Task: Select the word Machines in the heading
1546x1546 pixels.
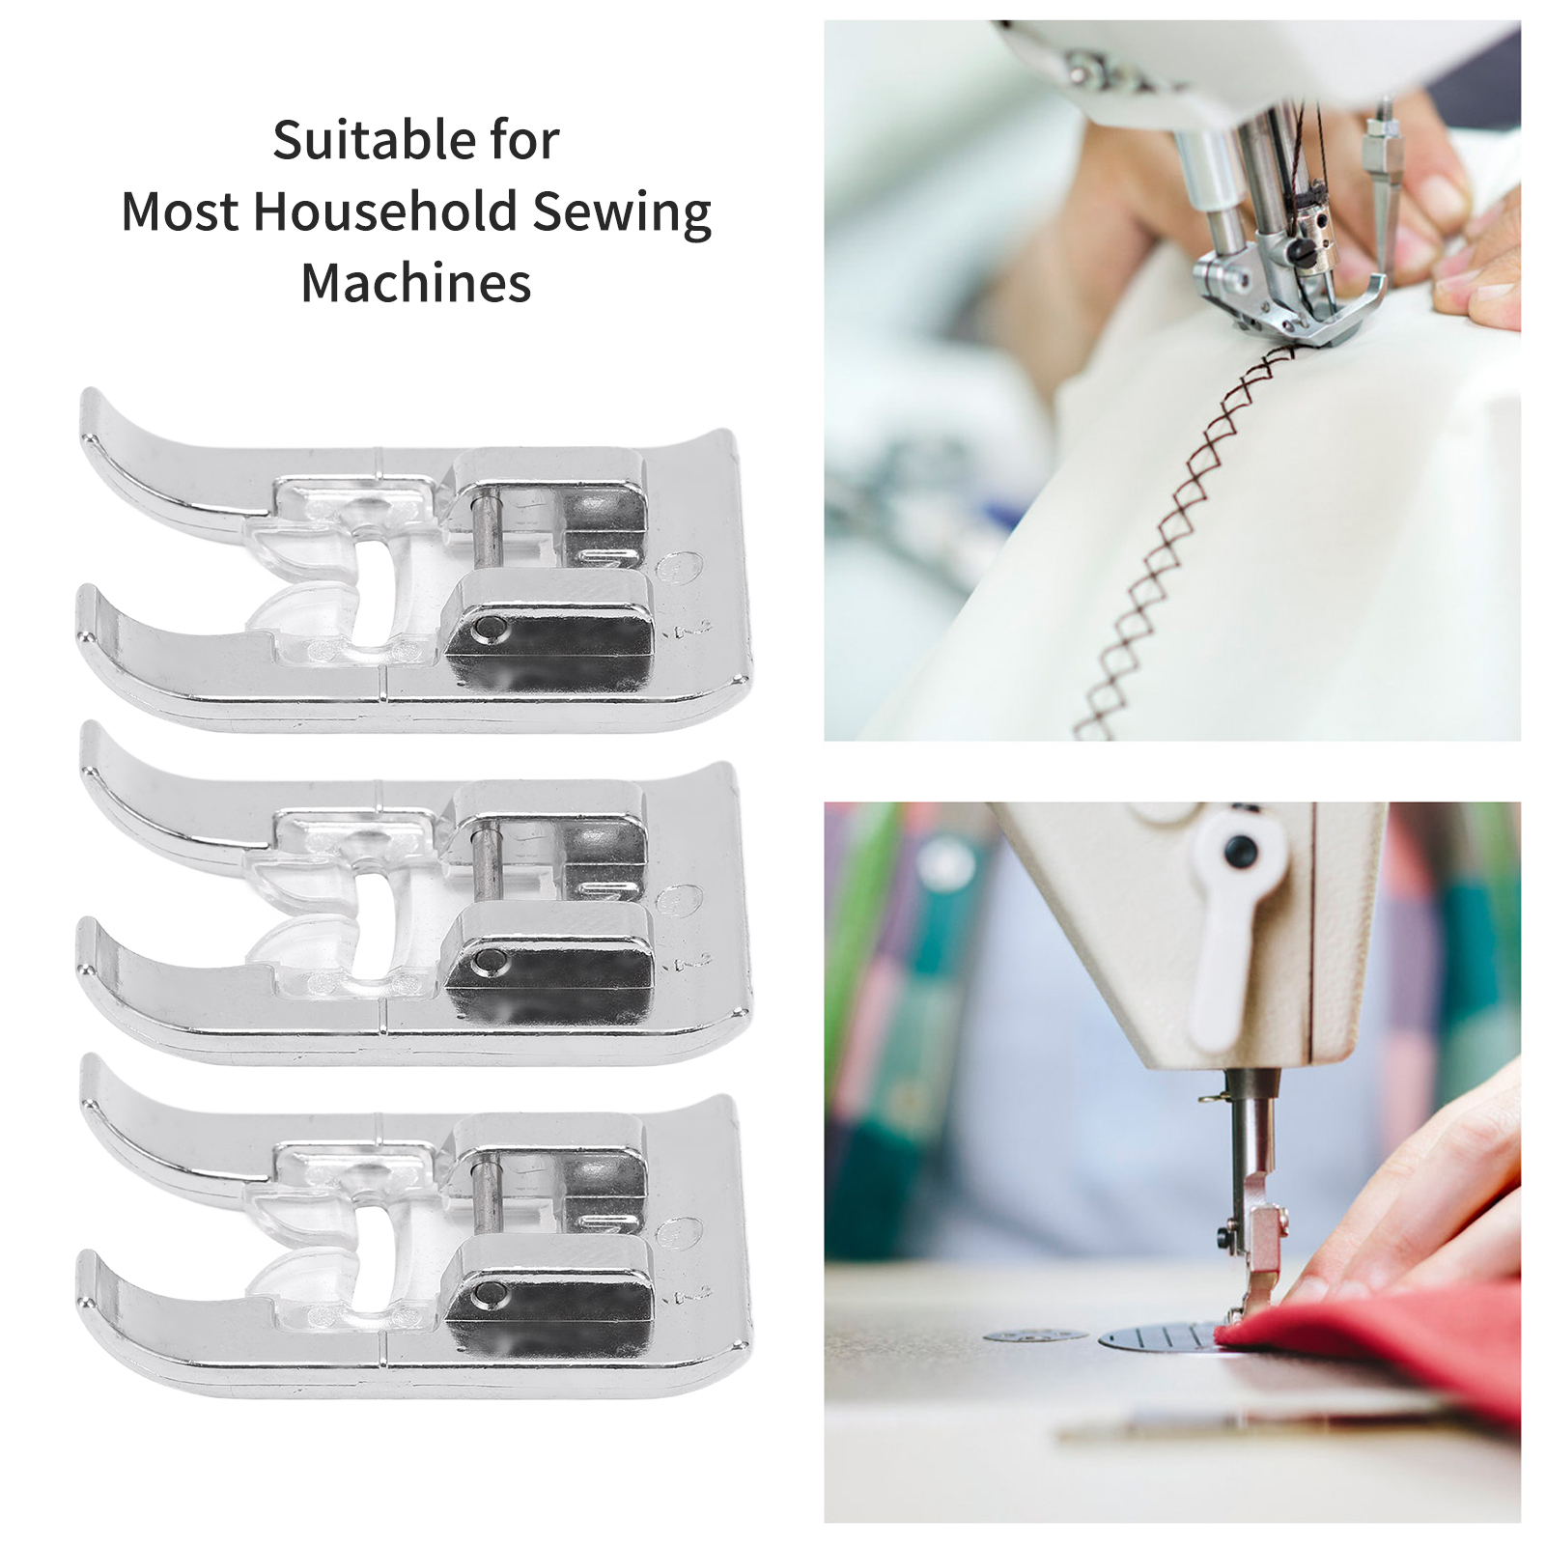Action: (x=416, y=283)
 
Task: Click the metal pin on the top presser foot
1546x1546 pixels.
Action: (x=490, y=528)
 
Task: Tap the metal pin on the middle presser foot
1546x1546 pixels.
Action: (x=490, y=860)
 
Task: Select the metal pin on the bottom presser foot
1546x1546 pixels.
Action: (x=490, y=1193)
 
